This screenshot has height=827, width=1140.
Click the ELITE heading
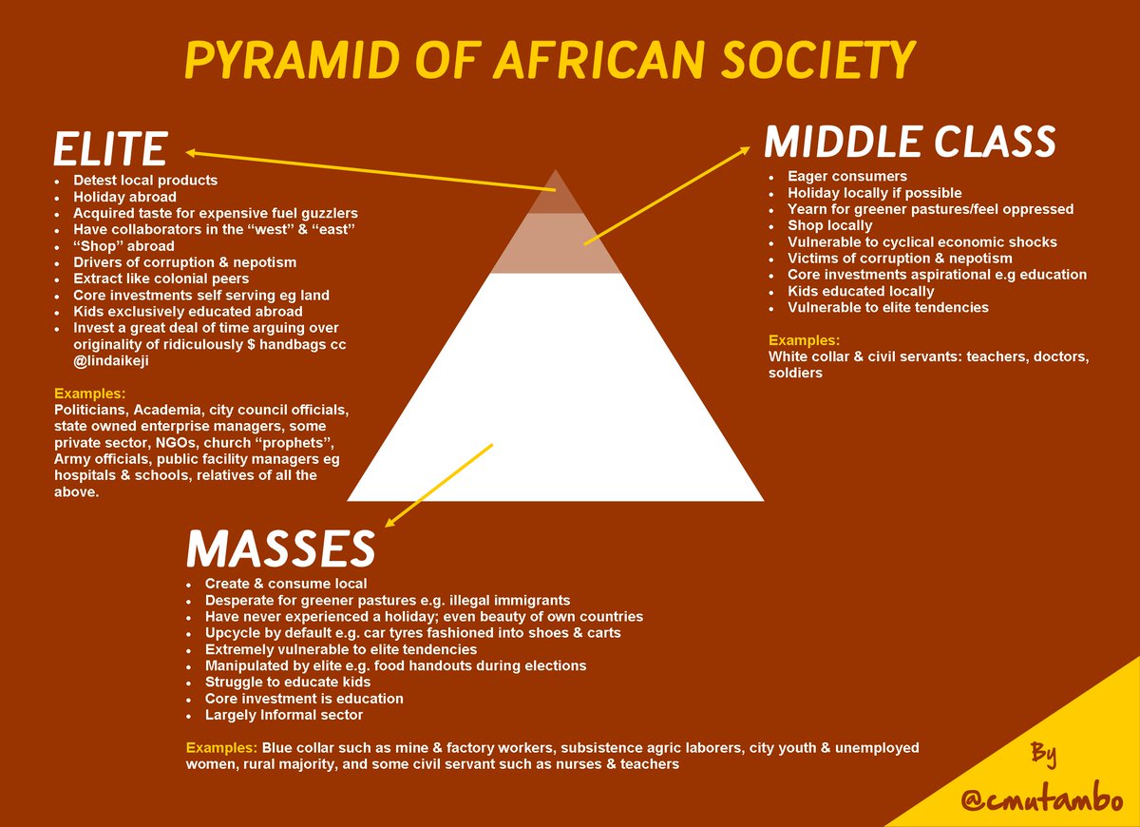point(110,149)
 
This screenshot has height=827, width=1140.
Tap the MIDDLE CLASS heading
point(910,143)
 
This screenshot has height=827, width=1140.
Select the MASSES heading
point(280,548)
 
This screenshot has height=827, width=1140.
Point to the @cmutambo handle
point(1041,800)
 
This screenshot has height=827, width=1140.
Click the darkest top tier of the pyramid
point(555,195)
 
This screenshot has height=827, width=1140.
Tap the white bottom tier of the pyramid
point(555,399)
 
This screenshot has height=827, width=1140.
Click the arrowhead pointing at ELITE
point(192,152)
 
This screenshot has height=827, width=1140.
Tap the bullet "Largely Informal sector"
point(284,715)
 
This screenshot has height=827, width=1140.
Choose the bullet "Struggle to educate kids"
point(288,682)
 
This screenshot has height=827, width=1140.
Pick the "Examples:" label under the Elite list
point(90,394)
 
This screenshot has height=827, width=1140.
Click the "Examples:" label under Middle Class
point(805,340)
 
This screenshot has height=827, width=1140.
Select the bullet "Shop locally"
point(829,225)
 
